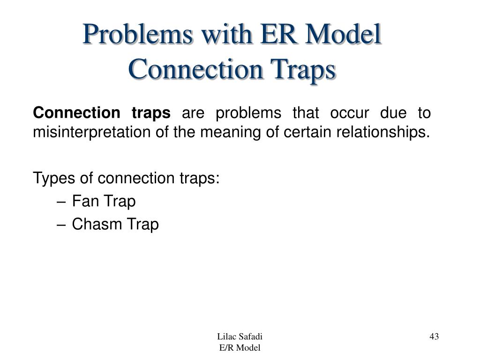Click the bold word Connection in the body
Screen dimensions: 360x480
click(x=76, y=113)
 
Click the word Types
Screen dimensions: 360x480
click(x=50, y=179)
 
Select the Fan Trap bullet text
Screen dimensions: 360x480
click(x=104, y=202)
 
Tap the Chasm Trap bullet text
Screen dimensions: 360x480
click(x=115, y=225)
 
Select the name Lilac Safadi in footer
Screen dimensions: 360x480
click(x=240, y=337)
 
